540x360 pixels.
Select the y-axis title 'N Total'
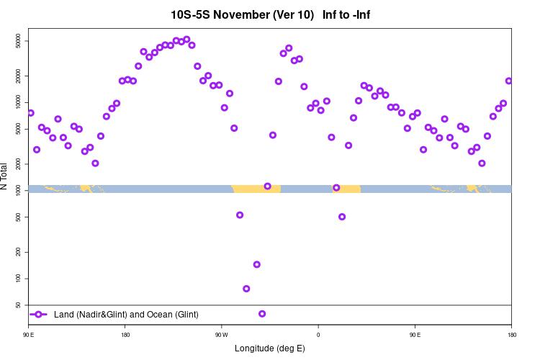6,176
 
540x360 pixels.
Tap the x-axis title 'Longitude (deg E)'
270,348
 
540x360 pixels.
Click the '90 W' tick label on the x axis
221,335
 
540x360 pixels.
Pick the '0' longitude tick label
318,335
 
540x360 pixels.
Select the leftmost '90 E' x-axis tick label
29,335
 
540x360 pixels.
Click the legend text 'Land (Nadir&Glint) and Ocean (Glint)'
126,315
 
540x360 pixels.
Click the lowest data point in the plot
262,313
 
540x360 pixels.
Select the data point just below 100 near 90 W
246,289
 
